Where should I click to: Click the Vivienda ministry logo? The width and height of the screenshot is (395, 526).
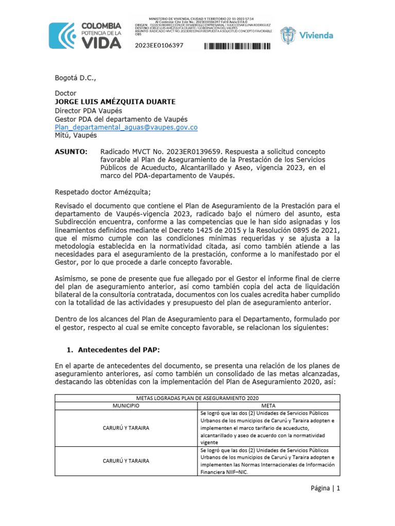307,35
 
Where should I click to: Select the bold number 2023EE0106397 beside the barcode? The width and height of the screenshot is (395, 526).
159,46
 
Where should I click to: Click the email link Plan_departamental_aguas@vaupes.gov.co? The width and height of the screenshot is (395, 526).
126,127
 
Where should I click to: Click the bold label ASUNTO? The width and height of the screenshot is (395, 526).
71,152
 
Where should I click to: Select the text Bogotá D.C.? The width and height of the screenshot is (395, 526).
75,78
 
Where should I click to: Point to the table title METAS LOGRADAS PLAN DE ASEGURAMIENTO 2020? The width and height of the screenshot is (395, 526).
197,398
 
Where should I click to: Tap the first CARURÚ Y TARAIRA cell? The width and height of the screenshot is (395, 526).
126,428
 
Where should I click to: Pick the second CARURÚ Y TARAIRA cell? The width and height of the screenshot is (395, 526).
126,461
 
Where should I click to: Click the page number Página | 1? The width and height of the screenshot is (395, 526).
325,489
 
